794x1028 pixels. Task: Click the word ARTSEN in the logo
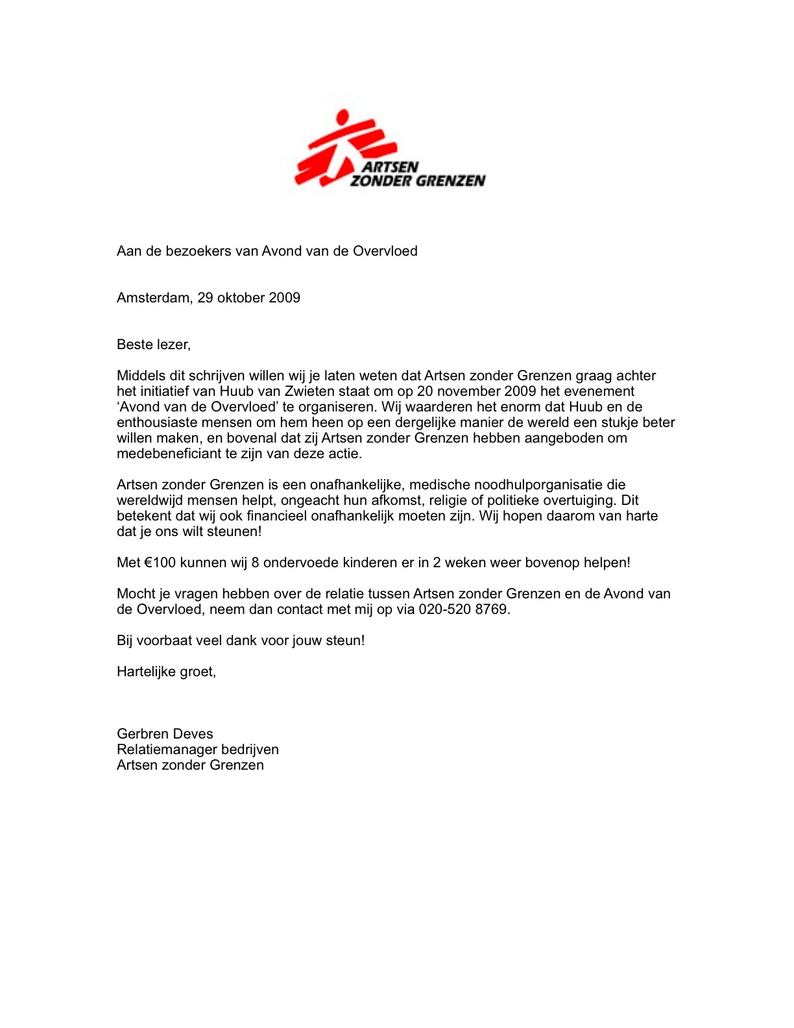point(391,167)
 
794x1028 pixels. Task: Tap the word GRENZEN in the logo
point(450,180)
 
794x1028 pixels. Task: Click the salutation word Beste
point(134,345)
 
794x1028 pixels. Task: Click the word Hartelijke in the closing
point(146,672)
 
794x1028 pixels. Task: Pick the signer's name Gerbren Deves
point(165,734)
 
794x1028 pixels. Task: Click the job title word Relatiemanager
point(167,750)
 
